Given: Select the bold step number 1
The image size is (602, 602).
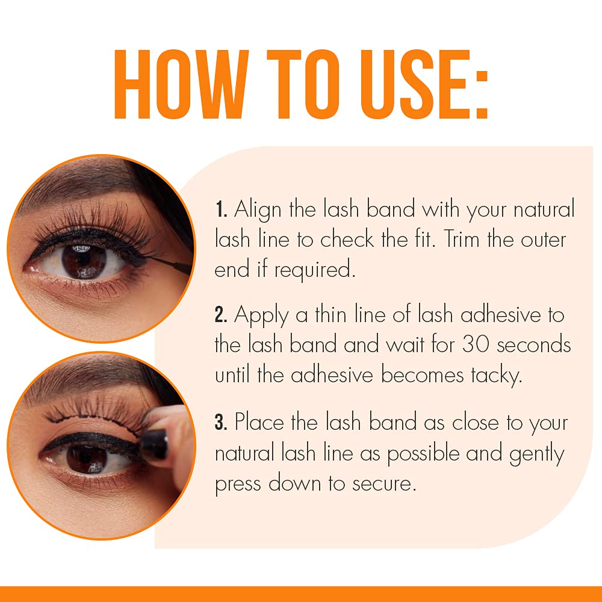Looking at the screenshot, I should click(220, 211).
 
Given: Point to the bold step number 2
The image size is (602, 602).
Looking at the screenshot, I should click(221, 315).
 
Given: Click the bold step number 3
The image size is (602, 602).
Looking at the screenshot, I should click(221, 423).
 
